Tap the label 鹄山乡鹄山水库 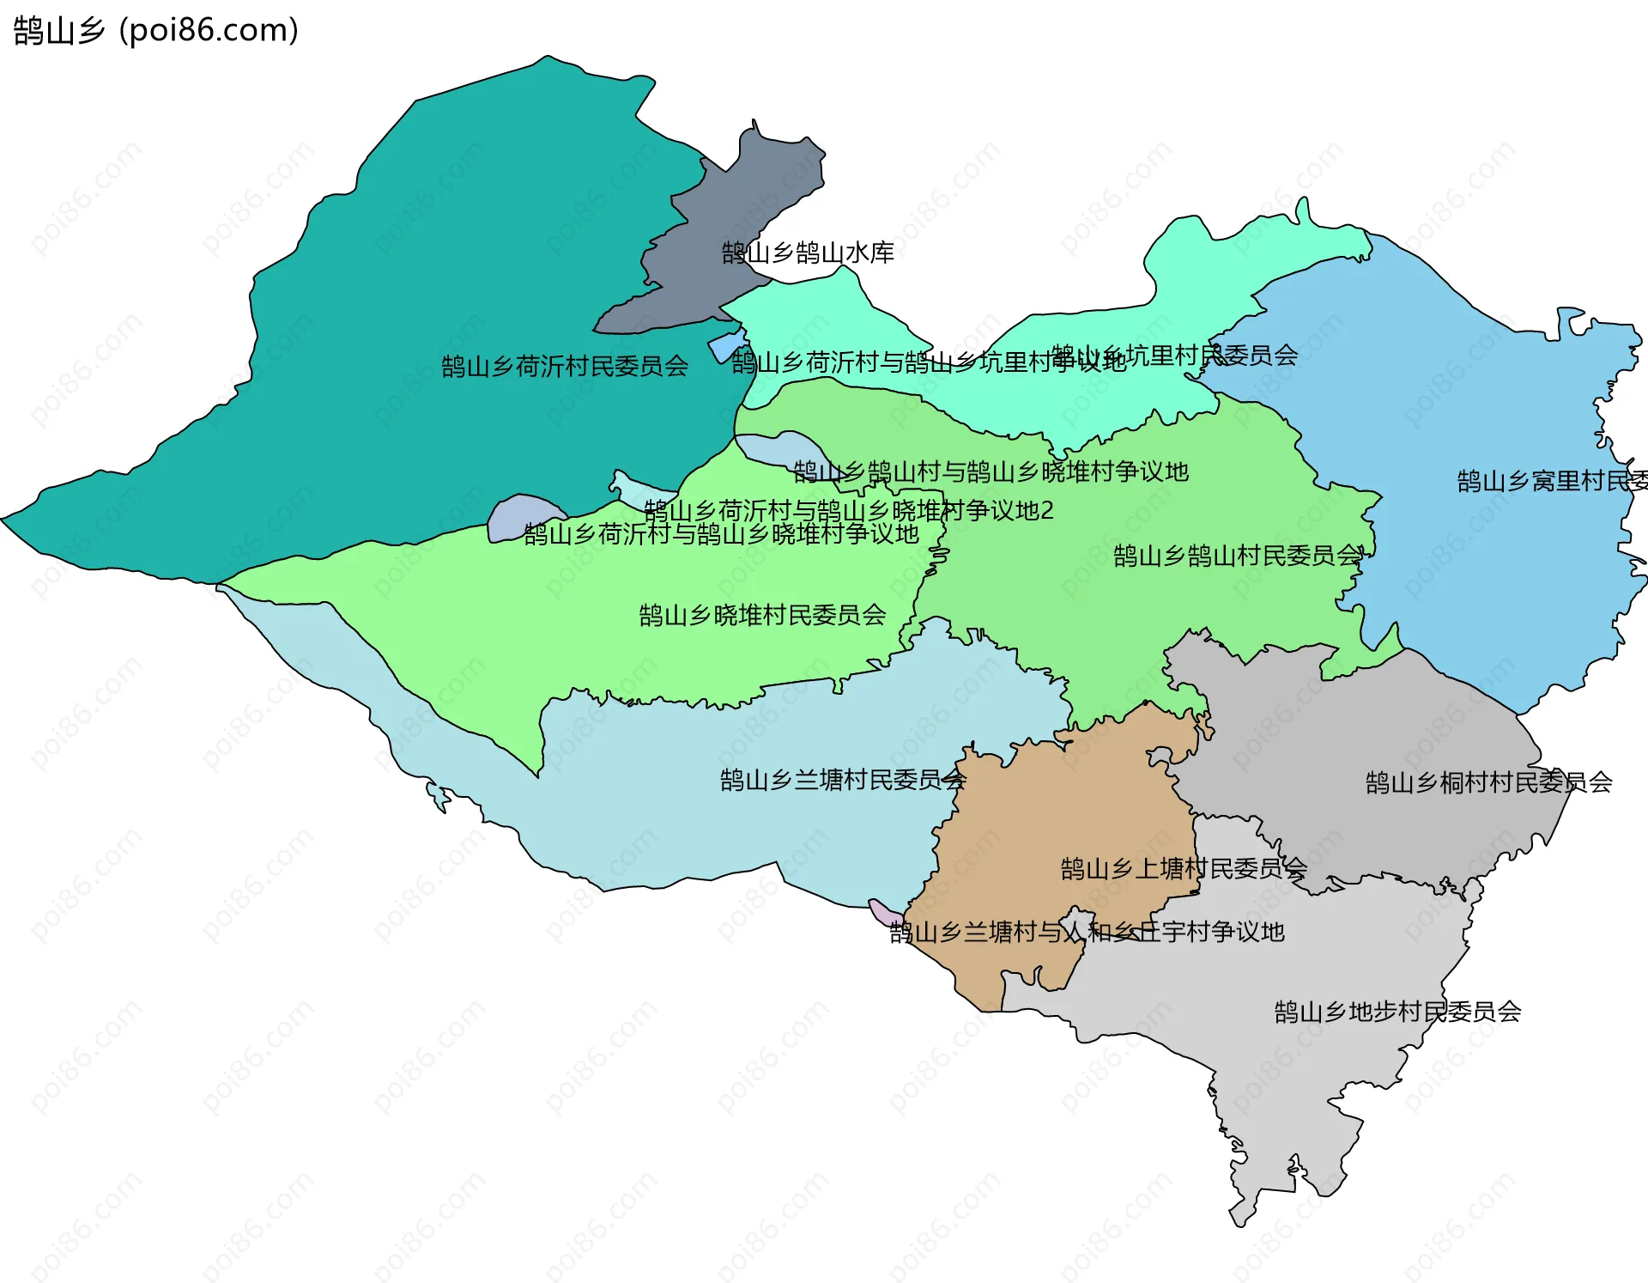point(808,252)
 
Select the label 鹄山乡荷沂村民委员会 point(565,367)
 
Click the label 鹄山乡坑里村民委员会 point(1174,356)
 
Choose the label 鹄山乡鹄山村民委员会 point(1237,556)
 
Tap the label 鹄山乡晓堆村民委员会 point(762,615)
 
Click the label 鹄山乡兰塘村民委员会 point(843,780)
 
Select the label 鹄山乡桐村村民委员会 point(1488,782)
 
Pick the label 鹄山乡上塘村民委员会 point(1184,869)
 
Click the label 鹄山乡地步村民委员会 point(1397,1012)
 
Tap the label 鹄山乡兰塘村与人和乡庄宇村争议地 point(1087,932)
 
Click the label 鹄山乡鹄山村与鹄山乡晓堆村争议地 point(991,471)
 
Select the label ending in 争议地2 point(849,511)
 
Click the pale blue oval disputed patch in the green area point(777,448)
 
